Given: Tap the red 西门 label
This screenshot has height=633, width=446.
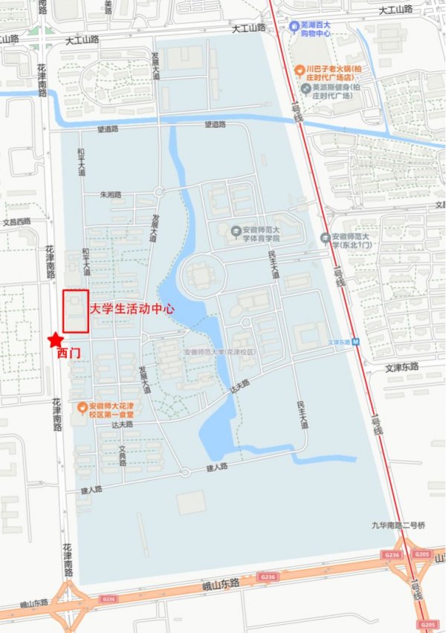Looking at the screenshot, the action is [68, 354].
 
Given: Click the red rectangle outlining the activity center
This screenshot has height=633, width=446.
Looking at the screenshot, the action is [76, 311].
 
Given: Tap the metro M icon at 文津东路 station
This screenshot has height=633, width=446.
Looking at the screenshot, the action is [355, 343].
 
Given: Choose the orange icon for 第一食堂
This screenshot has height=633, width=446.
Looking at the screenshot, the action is [83, 406].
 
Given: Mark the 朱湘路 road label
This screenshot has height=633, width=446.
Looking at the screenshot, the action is [111, 195].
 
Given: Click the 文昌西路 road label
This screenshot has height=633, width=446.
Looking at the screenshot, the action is [16, 221].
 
